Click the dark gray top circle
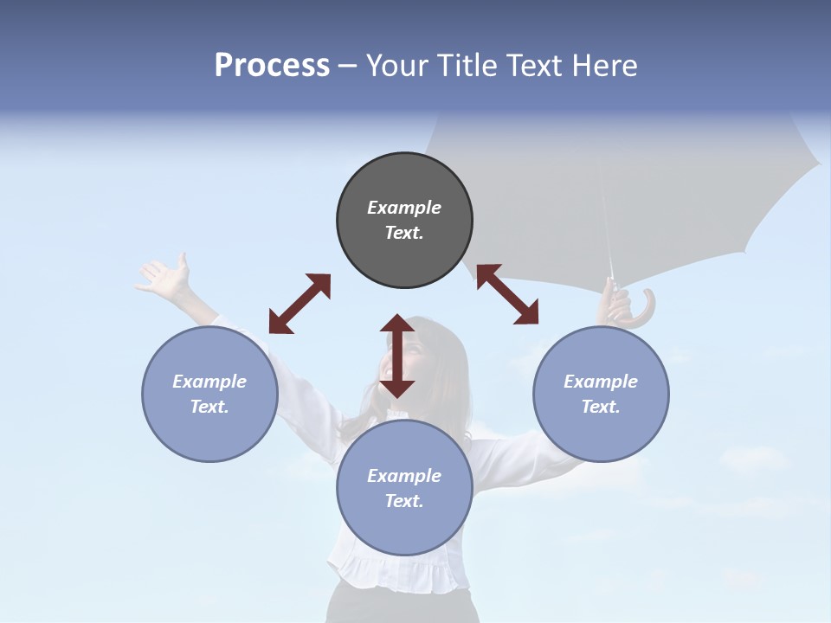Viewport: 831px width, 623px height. [x=404, y=221]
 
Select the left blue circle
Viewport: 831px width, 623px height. [x=209, y=394]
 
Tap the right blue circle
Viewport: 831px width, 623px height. [x=601, y=394]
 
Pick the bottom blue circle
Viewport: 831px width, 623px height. [x=404, y=488]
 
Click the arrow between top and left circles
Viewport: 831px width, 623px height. [x=300, y=304]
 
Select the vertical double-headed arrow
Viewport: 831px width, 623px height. [x=397, y=356]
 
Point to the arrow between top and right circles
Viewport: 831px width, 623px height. [x=507, y=294]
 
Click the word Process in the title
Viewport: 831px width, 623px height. [x=272, y=66]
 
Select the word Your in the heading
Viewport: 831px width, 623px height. [x=394, y=66]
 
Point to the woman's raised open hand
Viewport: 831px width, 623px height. [x=166, y=277]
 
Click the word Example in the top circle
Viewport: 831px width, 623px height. [x=404, y=208]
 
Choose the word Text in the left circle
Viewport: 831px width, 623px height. [x=209, y=407]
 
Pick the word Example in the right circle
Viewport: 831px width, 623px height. [x=601, y=382]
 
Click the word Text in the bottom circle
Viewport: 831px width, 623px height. [x=403, y=501]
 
